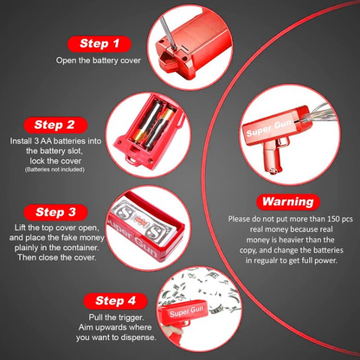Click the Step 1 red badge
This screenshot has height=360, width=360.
click(100, 44)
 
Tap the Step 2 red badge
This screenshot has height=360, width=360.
click(55, 125)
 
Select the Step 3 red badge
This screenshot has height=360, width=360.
click(55, 212)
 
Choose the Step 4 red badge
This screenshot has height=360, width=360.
click(115, 301)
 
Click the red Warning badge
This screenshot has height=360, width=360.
click(288, 202)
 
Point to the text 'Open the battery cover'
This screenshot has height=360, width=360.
click(99, 61)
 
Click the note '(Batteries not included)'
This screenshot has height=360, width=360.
click(55, 170)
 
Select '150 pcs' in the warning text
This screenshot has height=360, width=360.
click(339, 219)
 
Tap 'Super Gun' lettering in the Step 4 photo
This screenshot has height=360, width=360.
click(186, 312)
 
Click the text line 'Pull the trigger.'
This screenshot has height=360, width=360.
click(116, 318)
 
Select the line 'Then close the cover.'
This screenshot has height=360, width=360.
click(57, 257)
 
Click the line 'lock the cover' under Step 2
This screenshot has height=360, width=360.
click(55, 161)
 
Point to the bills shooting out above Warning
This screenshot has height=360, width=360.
click(318, 115)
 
